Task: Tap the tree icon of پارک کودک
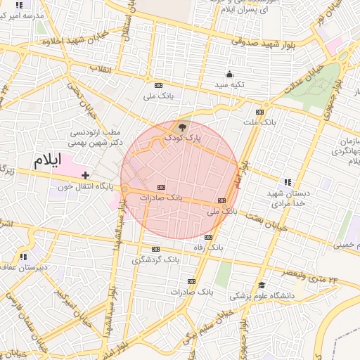click(x=183, y=127)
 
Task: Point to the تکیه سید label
click(x=230, y=84)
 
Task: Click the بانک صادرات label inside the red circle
click(x=161, y=198)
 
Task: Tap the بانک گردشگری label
click(x=155, y=259)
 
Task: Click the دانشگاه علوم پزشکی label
click(x=261, y=296)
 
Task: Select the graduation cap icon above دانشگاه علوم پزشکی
click(x=262, y=285)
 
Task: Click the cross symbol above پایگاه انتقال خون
click(x=86, y=174)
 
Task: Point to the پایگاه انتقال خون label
click(x=82, y=186)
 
